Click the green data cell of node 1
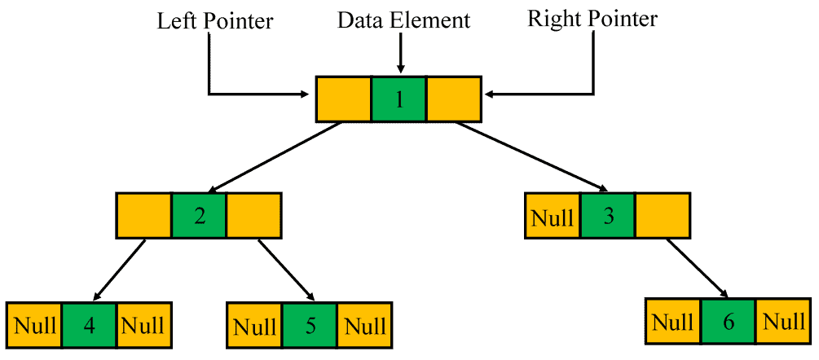[x=398, y=99]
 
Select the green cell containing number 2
[x=199, y=216]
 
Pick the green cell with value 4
[x=89, y=325]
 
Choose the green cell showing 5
[x=310, y=326]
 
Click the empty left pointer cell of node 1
[x=343, y=99]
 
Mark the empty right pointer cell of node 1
[x=454, y=99]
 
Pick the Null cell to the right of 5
[x=364, y=326]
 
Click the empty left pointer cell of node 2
[x=143, y=216]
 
